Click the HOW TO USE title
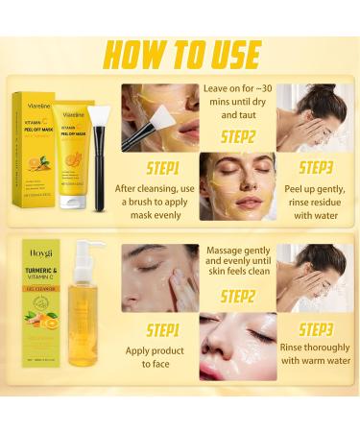[x=180, y=55]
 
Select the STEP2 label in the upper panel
[x=239, y=134]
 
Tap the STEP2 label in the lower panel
[x=238, y=297]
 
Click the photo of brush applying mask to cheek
[x=159, y=114]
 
